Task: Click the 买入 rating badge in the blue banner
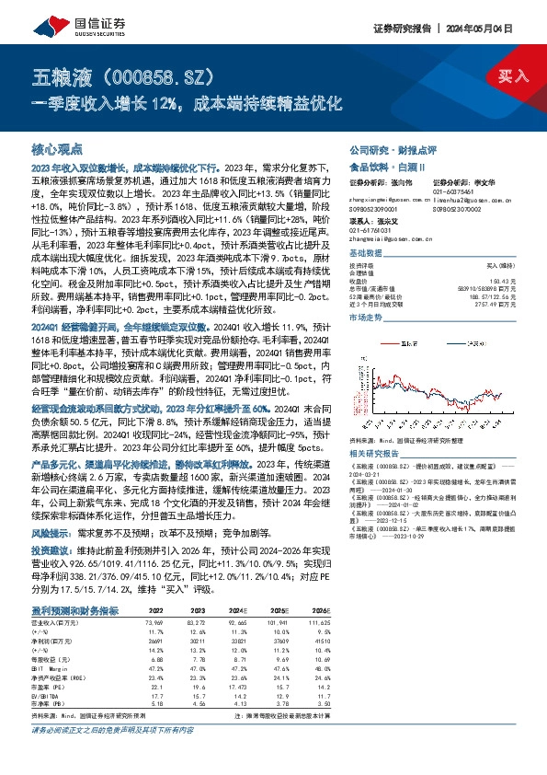coord(514,75)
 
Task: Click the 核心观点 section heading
coord(57,149)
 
